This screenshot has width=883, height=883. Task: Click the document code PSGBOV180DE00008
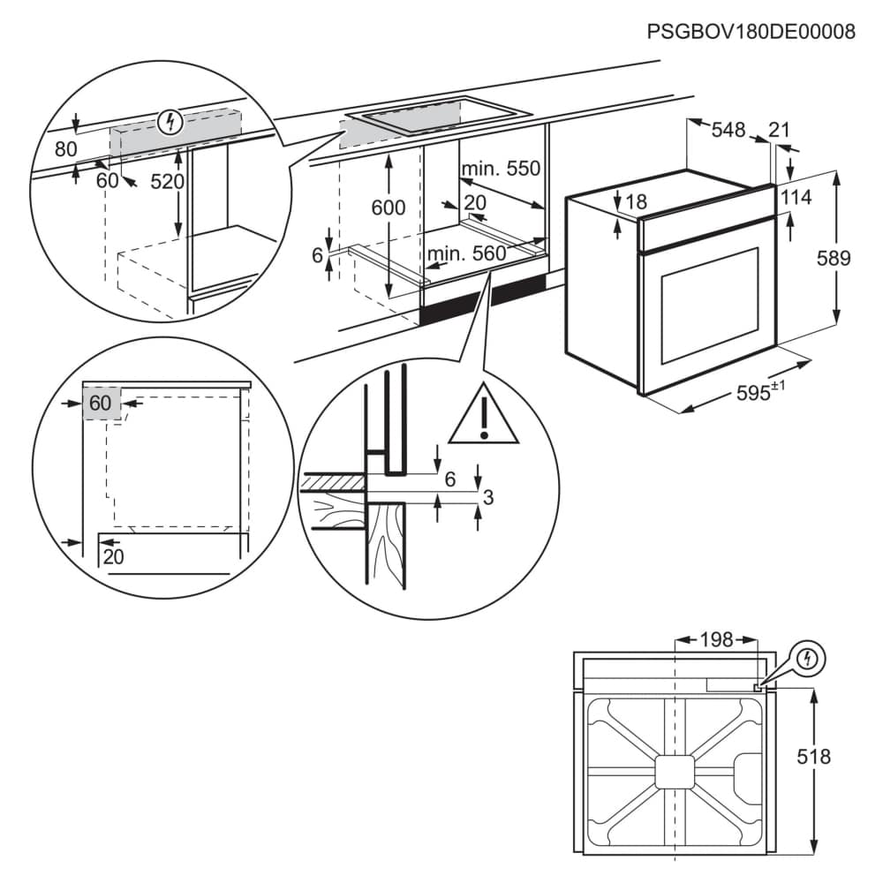click(x=751, y=33)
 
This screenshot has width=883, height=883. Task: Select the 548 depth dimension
click(x=728, y=130)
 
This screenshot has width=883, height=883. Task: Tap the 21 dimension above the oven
click(x=779, y=130)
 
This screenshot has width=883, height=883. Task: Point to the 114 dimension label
click(x=796, y=198)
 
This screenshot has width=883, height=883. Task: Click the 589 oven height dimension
click(x=833, y=259)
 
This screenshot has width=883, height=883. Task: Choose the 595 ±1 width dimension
click(x=760, y=392)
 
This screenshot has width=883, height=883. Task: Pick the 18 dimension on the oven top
click(x=636, y=202)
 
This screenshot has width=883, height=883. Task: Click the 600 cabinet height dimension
click(x=388, y=208)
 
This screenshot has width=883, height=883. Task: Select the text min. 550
click(x=500, y=168)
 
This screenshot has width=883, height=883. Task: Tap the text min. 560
click(x=466, y=254)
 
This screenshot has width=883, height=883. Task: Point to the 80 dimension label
click(x=66, y=150)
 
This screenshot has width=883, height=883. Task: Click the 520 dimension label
click(x=167, y=182)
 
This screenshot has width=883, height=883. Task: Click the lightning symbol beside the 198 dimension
click(x=808, y=659)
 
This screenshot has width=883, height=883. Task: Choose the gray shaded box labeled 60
click(x=101, y=404)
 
